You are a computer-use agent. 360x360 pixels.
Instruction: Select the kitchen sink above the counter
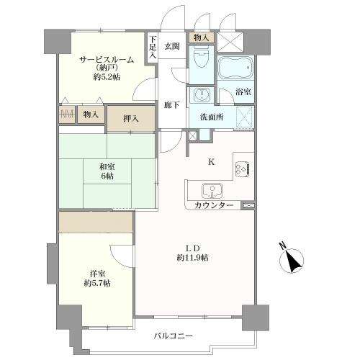point(212,191)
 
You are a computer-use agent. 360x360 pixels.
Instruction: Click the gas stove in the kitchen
point(240,171)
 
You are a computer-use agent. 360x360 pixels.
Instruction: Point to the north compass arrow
point(293,260)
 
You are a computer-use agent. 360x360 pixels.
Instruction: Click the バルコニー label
point(173,336)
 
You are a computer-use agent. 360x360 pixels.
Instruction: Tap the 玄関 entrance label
point(172,46)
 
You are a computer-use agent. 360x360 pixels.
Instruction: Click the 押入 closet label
point(130,117)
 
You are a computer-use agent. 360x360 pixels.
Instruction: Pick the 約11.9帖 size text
point(193,258)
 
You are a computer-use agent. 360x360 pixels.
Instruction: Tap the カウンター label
point(213,206)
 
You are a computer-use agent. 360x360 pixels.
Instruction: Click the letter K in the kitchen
point(211,162)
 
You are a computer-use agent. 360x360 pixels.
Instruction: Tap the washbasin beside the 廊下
point(199,95)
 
